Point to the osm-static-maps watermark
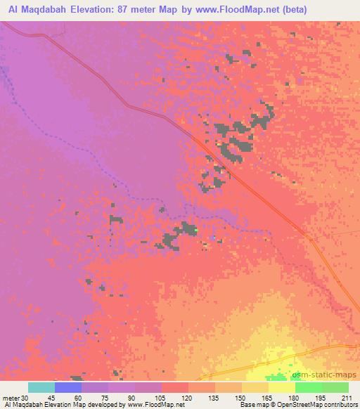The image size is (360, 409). [329, 377]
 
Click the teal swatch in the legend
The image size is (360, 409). [41, 387]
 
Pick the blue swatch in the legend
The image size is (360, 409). [68, 387]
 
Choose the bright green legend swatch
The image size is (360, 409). [309, 387]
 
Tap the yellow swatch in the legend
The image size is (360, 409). [282, 387]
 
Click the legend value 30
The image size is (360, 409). [25, 398]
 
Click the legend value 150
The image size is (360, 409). [240, 398]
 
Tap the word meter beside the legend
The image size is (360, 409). [10, 398]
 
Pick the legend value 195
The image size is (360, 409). [321, 398]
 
